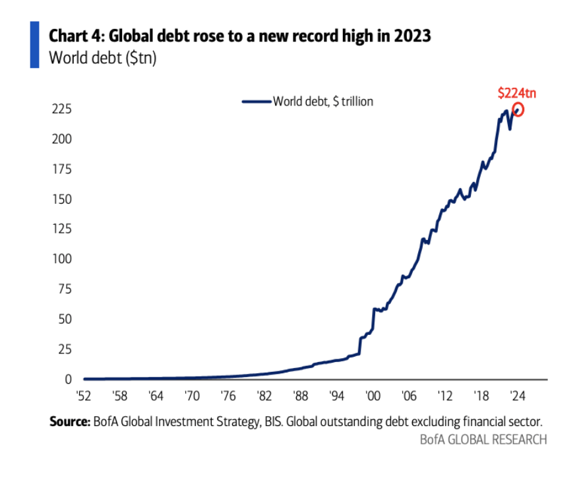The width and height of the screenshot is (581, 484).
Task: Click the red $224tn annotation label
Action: [x=516, y=93]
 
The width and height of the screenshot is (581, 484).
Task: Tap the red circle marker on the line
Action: [x=518, y=109]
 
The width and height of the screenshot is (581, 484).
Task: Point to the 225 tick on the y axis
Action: [x=63, y=109]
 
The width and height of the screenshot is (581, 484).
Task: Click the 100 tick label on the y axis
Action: [x=63, y=258]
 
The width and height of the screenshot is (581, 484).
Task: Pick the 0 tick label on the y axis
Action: [x=69, y=379]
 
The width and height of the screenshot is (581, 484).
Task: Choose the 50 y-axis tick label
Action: [x=66, y=319]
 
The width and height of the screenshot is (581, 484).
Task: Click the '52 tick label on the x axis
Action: [x=84, y=397]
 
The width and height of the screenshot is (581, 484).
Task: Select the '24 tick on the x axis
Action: [x=518, y=397]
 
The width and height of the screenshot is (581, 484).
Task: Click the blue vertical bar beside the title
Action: [x=34, y=44]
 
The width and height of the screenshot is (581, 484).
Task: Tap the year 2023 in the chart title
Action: [x=412, y=36]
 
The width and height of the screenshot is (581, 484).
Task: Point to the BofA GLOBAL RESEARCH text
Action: [x=483, y=439]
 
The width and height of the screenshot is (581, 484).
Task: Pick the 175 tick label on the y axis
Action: [x=63, y=169]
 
